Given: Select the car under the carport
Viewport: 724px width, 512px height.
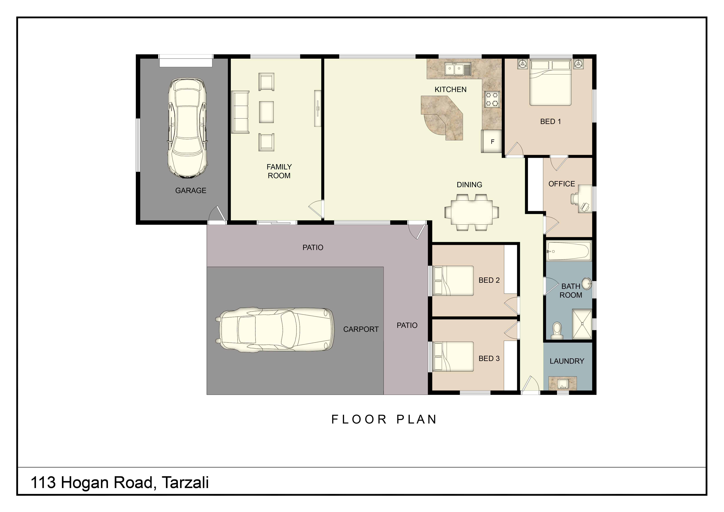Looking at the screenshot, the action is click(274, 329).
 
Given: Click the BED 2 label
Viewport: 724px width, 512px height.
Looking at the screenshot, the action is click(489, 280).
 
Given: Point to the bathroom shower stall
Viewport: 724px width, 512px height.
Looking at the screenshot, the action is click(582, 324).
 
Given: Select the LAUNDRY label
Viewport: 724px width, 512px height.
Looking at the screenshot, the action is click(567, 361).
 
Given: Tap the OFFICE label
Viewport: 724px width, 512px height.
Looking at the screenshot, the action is click(562, 184).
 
